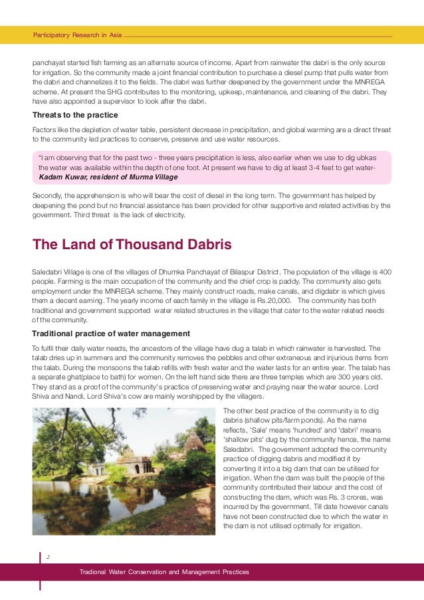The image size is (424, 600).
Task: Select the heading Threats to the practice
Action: point(75,115)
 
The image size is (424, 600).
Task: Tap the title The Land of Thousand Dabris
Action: point(132,245)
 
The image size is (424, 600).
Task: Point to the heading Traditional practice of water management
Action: point(111,333)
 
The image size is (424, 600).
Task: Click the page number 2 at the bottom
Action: point(48,558)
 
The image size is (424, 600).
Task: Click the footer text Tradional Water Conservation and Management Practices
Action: point(164,572)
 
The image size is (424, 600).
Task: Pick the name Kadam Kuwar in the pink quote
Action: point(62,178)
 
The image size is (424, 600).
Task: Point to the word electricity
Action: point(169,215)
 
